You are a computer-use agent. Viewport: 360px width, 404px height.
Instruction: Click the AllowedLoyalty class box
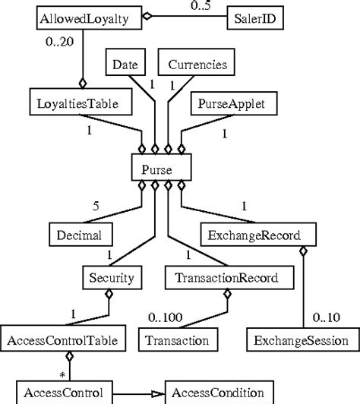pyautogui.click(x=79, y=16)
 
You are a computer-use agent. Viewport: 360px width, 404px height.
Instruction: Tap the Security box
pyautogui.click(x=111, y=278)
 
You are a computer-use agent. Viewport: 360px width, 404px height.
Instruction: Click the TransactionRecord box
pyautogui.click(x=220, y=278)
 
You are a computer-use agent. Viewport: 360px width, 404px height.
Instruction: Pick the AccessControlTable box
pyautogui.click(x=68, y=340)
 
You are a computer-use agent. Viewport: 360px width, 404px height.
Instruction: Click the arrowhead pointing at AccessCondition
pyautogui.click(x=158, y=393)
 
